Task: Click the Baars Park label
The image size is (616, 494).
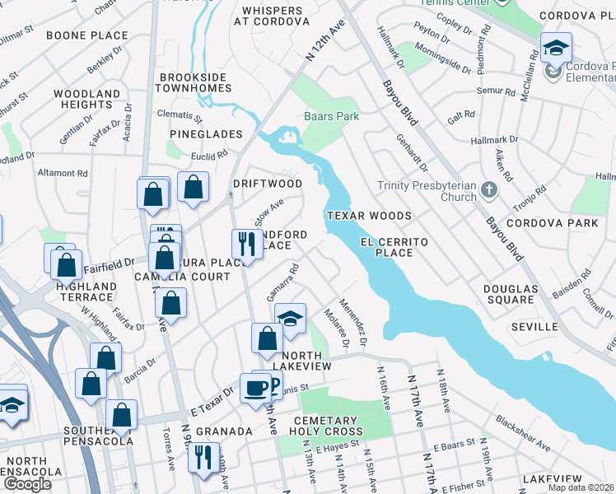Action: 331,117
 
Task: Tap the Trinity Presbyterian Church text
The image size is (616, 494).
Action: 427,191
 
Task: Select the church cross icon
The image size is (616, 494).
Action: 489,191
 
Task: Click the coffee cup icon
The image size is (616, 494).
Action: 255,387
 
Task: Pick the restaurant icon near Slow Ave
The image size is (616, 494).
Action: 245,242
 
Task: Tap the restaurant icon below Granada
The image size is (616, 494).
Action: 203,455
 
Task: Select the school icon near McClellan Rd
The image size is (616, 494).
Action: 556,46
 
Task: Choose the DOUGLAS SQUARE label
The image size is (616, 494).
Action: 510,295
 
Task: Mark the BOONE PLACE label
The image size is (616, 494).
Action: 87,35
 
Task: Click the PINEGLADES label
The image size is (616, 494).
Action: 206,133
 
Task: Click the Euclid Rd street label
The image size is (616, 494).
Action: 210,156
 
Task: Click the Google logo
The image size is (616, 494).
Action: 27,484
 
